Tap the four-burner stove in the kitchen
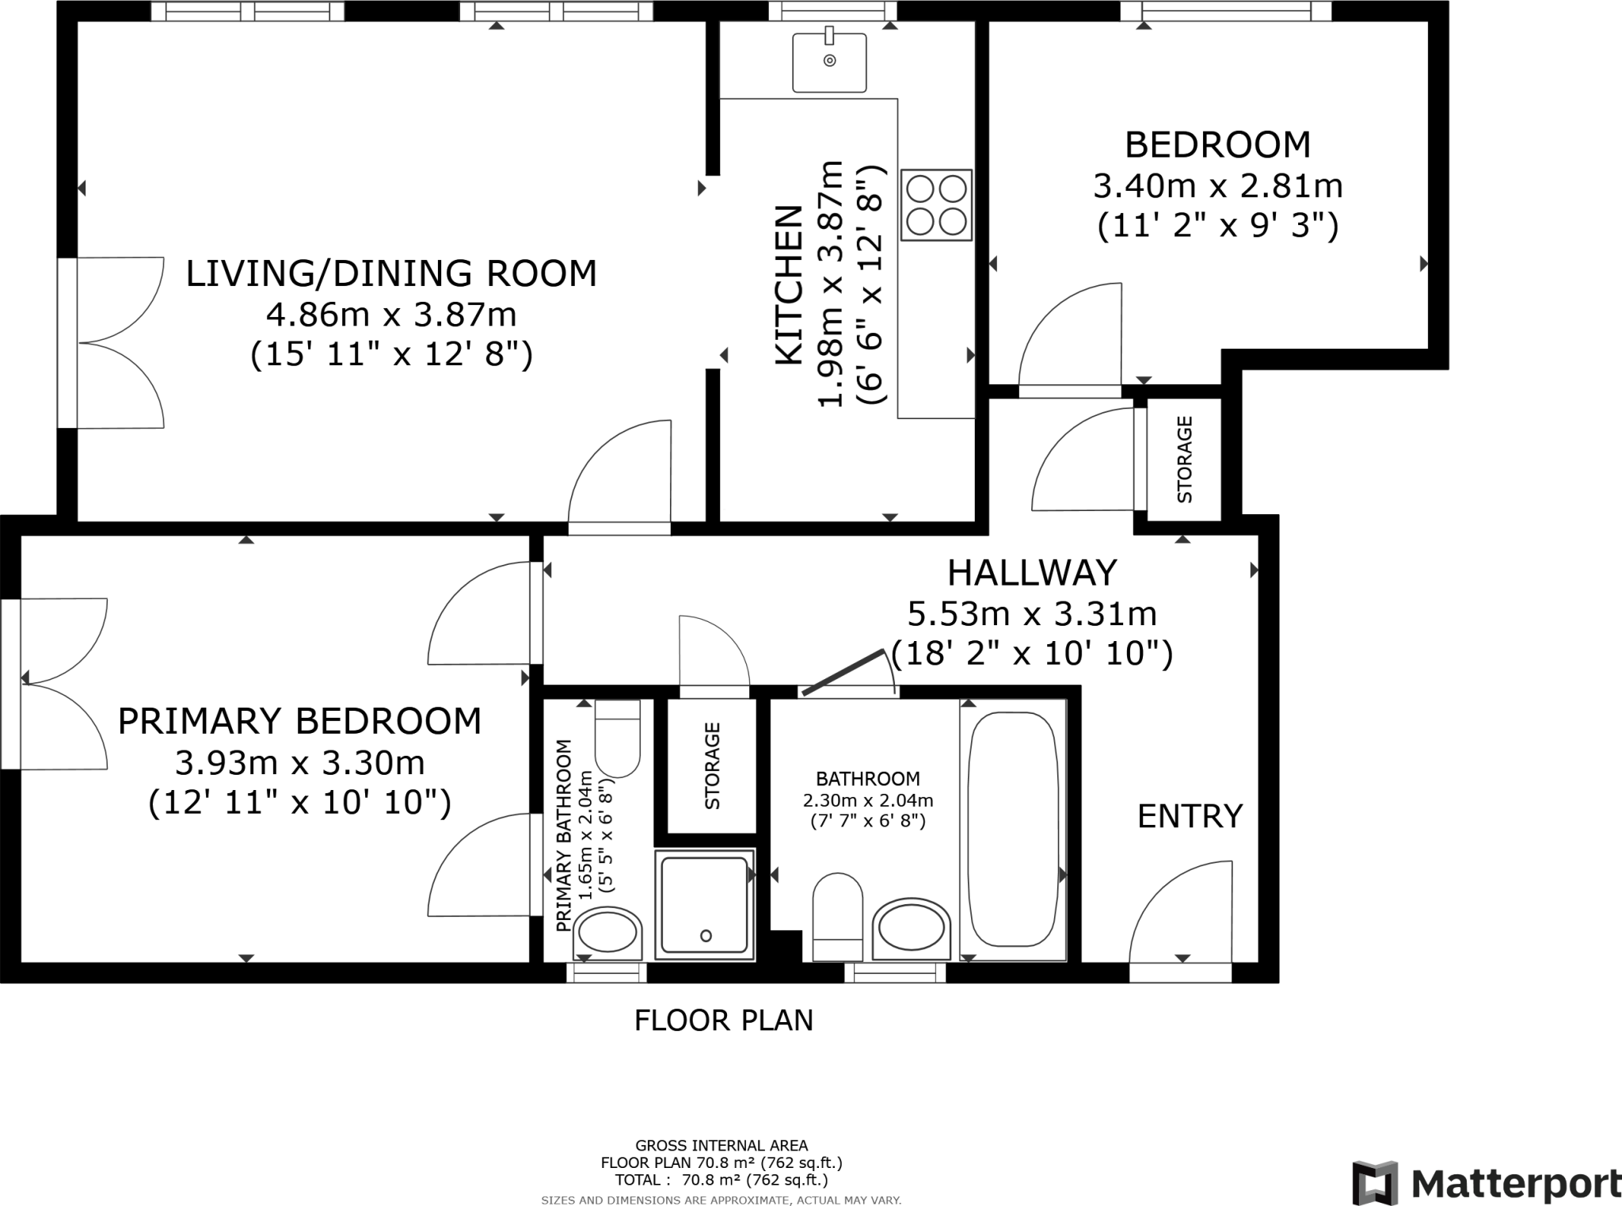click(936, 204)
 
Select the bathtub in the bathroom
click(1013, 829)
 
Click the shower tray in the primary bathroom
click(706, 904)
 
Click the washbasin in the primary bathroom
click(608, 933)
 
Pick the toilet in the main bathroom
click(838, 917)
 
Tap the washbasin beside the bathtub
click(911, 929)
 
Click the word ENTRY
click(1190, 816)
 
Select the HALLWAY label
click(1032, 572)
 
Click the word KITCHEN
click(788, 285)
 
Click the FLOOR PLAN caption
click(724, 1020)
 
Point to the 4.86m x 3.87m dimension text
click(391, 315)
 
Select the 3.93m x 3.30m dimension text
click(300, 763)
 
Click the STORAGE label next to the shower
click(712, 765)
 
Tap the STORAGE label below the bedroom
click(1185, 460)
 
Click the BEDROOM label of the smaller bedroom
click(1218, 145)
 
